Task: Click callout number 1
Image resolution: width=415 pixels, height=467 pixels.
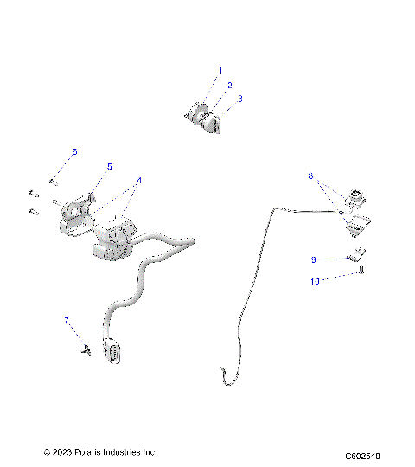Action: [220, 70]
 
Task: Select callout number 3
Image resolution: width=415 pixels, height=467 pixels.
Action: [239, 99]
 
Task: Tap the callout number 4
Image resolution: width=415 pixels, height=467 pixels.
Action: [138, 181]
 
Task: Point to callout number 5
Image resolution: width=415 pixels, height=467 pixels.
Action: [109, 166]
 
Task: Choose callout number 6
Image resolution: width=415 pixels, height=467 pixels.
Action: [74, 151]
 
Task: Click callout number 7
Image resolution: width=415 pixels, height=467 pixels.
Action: [66, 321]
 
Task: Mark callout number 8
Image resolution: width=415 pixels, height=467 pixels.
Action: [310, 176]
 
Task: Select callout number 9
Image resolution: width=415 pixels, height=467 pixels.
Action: [314, 259]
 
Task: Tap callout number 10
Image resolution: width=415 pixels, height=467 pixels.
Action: [316, 280]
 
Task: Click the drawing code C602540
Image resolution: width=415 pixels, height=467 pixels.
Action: [361, 456]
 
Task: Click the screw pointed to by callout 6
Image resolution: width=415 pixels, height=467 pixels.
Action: [54, 182]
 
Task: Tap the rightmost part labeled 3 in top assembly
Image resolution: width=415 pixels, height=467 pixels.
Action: [213, 126]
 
